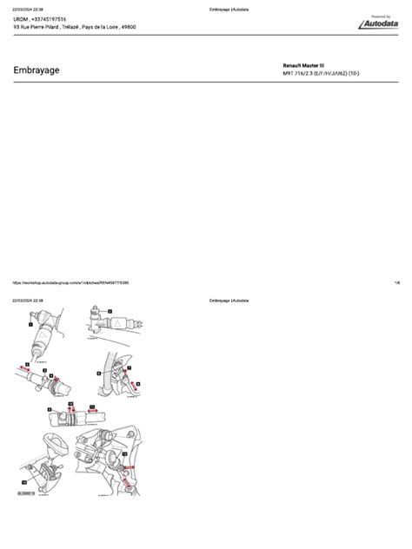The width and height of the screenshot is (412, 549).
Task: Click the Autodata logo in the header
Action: point(381,23)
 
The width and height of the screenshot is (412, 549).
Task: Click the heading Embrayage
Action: point(37,70)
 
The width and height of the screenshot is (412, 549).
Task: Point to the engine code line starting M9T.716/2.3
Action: point(328,75)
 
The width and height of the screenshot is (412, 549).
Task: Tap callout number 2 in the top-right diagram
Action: point(111,310)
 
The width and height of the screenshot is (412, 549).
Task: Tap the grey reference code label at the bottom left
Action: point(24,493)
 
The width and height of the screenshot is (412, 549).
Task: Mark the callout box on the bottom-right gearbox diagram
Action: point(124,453)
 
